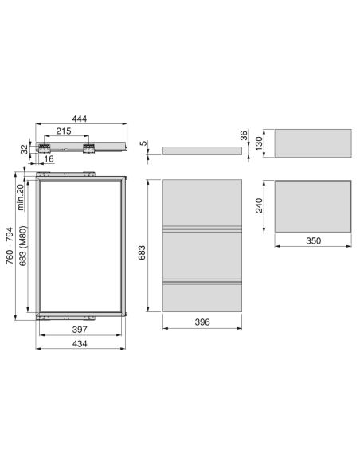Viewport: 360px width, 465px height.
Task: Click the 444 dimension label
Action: [80, 119]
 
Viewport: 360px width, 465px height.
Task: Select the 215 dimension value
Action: [64, 131]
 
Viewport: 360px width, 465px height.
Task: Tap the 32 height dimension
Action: [25, 149]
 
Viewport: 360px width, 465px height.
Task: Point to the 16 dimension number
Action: [49, 159]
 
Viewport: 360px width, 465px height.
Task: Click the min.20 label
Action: [20, 197]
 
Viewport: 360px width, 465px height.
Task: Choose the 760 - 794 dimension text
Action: [10, 246]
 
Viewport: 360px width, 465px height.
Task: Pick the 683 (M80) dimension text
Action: [23, 246]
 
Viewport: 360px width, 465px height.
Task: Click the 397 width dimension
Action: [80, 329]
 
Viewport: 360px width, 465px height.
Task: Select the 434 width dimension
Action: [80, 343]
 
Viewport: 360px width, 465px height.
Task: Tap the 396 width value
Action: [202, 322]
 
